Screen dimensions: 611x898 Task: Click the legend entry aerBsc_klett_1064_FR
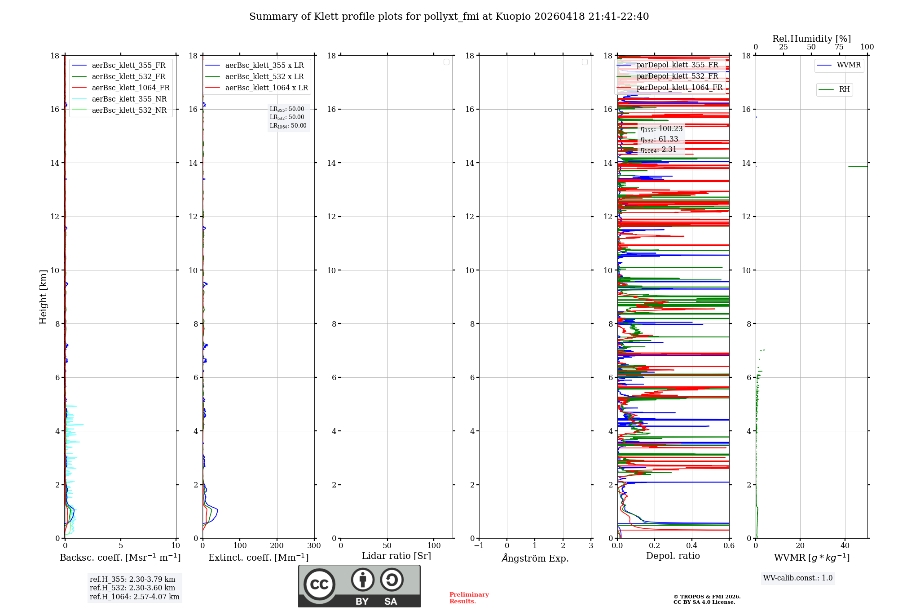point(130,88)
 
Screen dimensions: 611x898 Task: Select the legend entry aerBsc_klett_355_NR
point(129,99)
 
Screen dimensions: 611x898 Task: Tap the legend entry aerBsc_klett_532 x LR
point(264,77)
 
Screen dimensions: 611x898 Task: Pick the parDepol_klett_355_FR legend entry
point(677,65)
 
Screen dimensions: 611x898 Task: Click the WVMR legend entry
point(849,65)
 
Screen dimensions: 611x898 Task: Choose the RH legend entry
point(844,89)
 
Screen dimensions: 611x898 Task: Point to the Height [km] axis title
point(43,297)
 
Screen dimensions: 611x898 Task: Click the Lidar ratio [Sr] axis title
point(396,556)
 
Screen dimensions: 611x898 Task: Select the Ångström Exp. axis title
point(535,558)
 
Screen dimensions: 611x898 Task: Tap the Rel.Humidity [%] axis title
point(811,39)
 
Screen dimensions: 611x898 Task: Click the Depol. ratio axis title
point(673,556)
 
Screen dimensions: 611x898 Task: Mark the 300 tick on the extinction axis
point(314,546)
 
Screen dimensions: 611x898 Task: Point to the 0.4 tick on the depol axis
point(692,546)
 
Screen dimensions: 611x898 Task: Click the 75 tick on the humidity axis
point(839,47)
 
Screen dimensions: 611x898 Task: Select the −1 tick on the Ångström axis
point(479,546)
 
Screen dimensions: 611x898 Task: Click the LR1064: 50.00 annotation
point(288,126)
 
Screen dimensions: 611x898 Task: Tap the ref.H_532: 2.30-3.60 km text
point(132,588)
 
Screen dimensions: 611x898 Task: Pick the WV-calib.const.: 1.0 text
point(798,578)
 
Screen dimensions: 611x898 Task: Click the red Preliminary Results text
point(469,598)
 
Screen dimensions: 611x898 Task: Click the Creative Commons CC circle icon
point(319,584)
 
